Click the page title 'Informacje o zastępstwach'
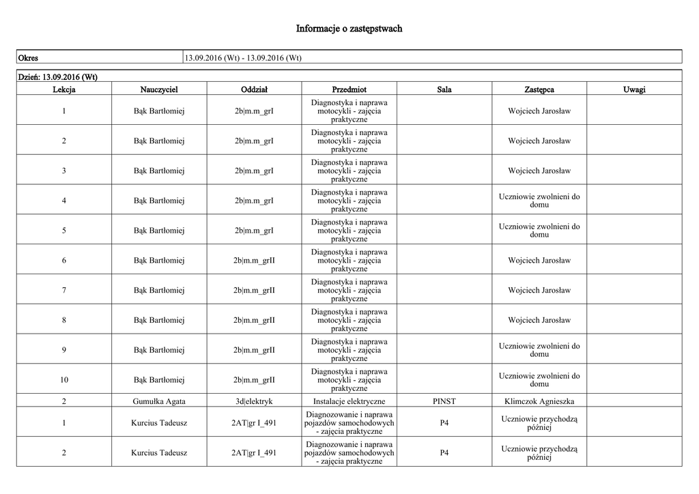[349, 29]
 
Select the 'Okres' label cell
[28, 57]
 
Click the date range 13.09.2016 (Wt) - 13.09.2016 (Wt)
[243, 57]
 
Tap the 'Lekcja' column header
[63, 89]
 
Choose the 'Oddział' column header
[254, 89]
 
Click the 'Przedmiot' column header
[349, 89]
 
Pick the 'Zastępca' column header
[539, 89]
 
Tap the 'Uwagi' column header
[634, 89]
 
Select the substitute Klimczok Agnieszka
[539, 401]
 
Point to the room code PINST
[444, 401]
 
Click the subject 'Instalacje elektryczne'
[349, 401]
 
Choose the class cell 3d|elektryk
[254, 401]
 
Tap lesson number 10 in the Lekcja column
[63, 380]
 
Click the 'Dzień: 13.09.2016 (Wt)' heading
[57, 76]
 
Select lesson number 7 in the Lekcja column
[63, 291]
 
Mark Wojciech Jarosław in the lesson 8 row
[539, 320]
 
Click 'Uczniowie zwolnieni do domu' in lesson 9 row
[539, 350]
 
